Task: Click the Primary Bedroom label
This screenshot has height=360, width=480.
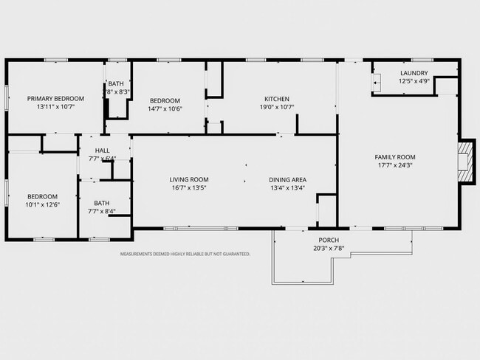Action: (55, 99)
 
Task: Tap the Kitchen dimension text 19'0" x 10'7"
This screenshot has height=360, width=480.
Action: (277, 107)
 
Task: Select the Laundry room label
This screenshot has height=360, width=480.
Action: (414, 73)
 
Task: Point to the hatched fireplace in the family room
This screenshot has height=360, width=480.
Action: (466, 162)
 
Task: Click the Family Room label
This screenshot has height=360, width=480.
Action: (395, 157)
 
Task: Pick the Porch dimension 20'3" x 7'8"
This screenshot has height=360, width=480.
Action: (329, 249)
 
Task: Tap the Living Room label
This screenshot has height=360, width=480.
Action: (189, 179)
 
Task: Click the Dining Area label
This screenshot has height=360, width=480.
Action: (287, 180)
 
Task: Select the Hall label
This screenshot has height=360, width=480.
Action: (102, 150)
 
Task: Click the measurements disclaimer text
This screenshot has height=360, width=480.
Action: (185, 254)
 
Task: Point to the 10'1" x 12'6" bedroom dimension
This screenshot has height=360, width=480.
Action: (42, 204)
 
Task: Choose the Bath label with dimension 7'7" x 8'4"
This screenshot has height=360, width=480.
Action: (102, 203)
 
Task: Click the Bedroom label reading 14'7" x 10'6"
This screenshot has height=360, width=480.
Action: (165, 100)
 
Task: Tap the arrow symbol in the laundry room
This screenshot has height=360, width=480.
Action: (376, 83)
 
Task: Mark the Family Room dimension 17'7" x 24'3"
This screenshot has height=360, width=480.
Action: (395, 165)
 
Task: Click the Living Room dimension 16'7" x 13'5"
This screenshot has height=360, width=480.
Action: (189, 188)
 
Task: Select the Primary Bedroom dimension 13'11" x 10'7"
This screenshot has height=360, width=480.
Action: (55, 107)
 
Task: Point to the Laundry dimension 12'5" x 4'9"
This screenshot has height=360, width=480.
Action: (414, 81)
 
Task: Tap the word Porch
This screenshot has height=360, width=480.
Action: (329, 240)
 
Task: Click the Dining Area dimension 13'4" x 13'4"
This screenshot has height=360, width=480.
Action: (287, 188)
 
